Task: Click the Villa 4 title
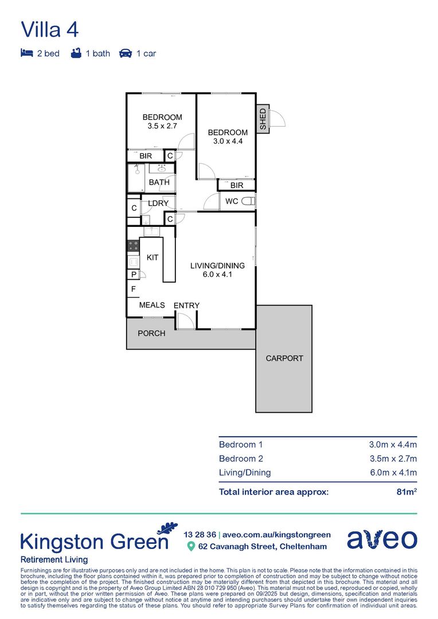[50, 29]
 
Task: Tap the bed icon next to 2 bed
[26, 53]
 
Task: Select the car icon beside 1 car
[125, 53]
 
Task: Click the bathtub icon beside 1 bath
[76, 53]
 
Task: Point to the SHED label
[263, 120]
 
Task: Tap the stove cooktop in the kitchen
[132, 246]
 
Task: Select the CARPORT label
[284, 358]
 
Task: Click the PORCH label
[151, 333]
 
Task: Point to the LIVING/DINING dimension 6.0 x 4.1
[217, 275]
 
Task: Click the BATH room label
[159, 182]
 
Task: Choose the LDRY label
[158, 203]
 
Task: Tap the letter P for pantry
[133, 275]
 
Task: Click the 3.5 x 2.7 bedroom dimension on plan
[162, 126]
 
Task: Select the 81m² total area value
[407, 492]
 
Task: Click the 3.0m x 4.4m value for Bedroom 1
[392, 444]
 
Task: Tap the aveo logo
[382, 539]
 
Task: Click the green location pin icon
[191, 546]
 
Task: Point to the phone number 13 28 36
[199, 534]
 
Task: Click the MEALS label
[152, 305]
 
